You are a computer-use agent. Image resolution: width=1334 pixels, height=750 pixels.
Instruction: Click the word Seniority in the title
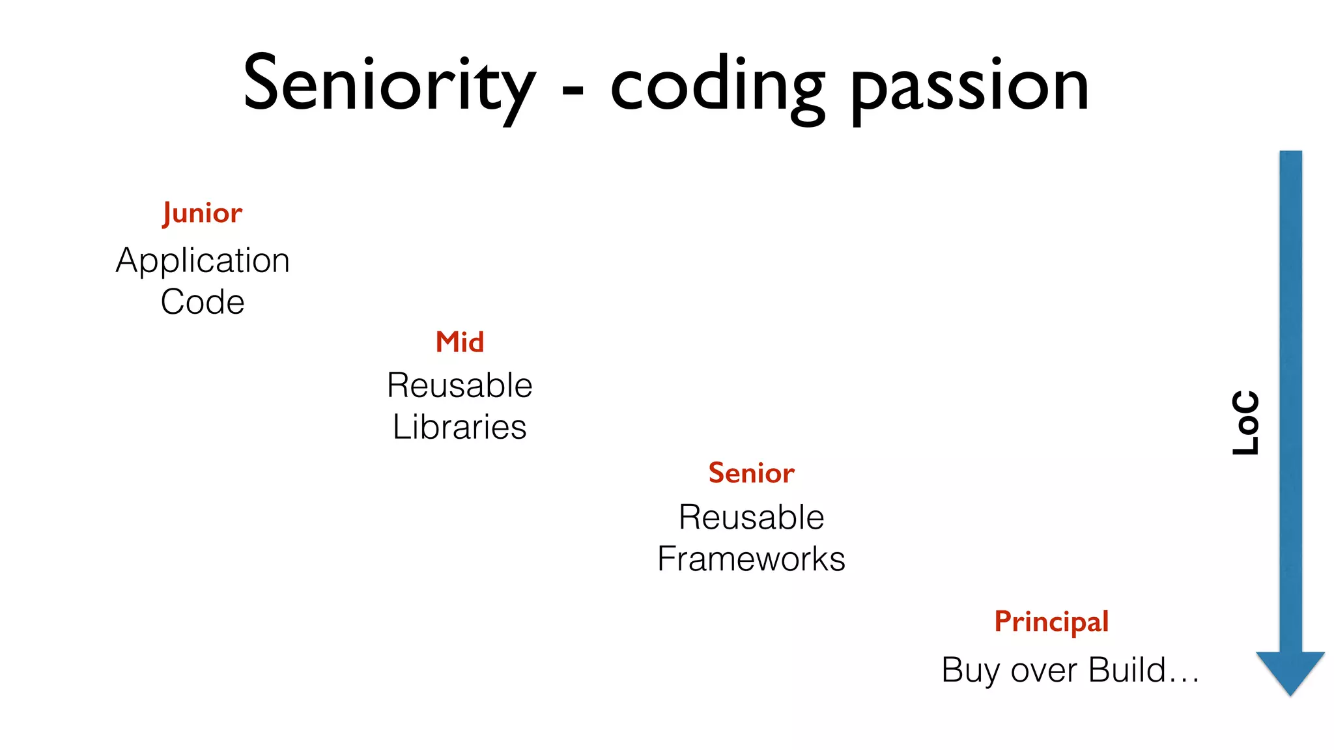(x=389, y=85)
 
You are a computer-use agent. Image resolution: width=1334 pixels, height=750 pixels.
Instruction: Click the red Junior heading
(x=203, y=214)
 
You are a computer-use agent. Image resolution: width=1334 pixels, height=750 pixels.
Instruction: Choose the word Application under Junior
(x=203, y=261)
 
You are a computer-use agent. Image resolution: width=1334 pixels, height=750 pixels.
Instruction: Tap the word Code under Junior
(x=203, y=302)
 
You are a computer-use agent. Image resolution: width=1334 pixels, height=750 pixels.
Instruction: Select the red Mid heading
(x=459, y=342)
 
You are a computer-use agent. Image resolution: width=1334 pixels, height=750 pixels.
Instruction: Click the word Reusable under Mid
(x=459, y=385)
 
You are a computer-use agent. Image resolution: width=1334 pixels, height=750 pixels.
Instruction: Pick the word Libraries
(x=459, y=427)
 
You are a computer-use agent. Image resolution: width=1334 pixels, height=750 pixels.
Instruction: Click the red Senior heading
(x=751, y=473)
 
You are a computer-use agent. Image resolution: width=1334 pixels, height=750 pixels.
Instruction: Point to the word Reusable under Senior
(x=751, y=518)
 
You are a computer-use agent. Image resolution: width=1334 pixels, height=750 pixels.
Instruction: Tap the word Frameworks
(x=751, y=559)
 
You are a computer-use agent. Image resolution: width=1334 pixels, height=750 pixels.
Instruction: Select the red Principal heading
(x=1051, y=622)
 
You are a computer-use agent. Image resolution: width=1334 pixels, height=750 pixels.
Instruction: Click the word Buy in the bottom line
(x=970, y=671)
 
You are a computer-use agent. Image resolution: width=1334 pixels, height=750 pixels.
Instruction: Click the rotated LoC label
(x=1245, y=423)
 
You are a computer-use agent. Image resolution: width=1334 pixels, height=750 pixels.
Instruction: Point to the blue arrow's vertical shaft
(x=1290, y=391)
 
